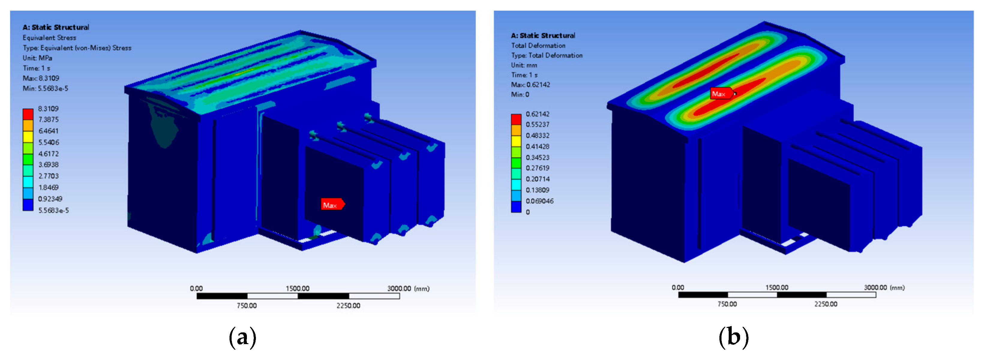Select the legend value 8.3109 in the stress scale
point(48,109)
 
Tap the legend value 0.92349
point(50,199)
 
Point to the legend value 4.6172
point(48,154)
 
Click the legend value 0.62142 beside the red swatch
point(537,114)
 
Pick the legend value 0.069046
point(539,201)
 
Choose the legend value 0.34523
point(537,157)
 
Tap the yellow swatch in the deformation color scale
point(516,141)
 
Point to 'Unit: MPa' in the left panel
point(37,58)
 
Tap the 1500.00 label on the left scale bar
point(297,288)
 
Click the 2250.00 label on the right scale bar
point(825,304)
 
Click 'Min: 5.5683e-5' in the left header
point(45,88)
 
